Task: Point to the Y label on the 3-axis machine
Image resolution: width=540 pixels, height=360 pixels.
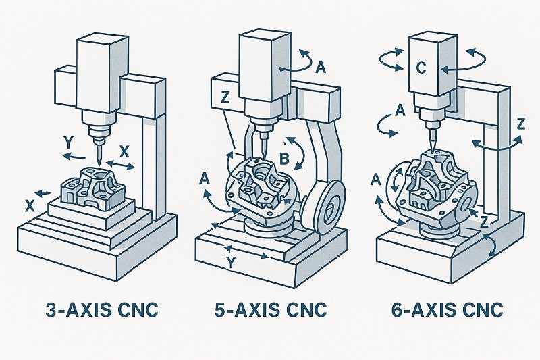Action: coord(67,143)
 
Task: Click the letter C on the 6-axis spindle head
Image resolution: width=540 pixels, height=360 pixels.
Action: coord(420,68)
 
